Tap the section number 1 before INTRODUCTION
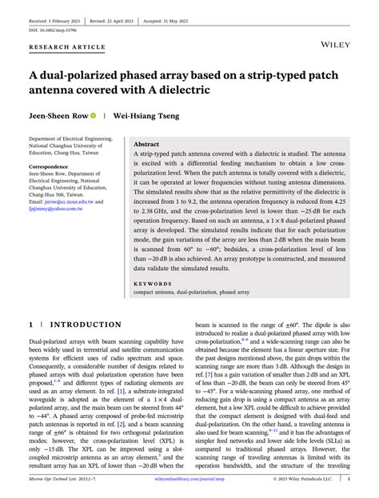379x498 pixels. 31,325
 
